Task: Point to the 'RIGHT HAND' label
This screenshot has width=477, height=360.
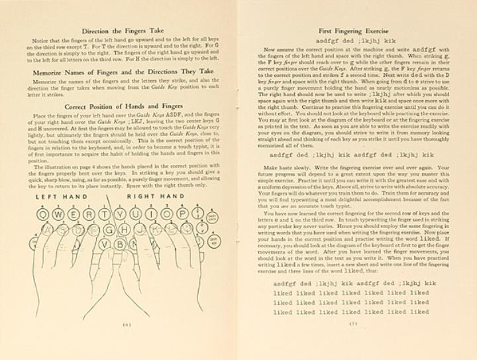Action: [x=156, y=198]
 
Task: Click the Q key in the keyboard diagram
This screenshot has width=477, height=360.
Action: [x=44, y=215]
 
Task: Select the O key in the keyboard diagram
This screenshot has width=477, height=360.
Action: [x=166, y=215]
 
